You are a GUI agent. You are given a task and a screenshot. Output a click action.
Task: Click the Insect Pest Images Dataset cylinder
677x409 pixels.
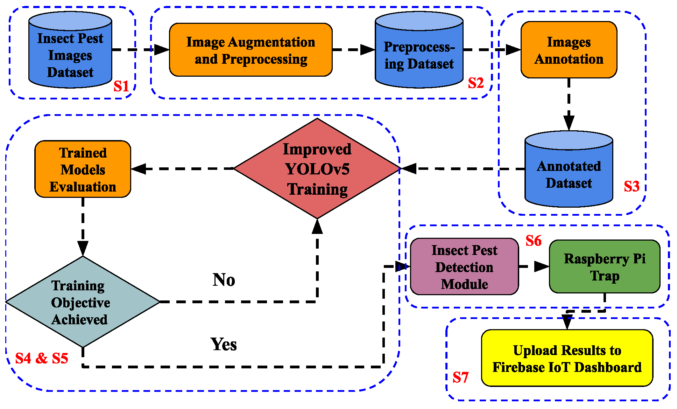[70, 53]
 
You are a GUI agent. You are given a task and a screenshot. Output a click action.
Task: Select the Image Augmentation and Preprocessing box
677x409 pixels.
[251, 50]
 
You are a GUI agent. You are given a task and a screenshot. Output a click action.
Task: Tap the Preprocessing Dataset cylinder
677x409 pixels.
[419, 53]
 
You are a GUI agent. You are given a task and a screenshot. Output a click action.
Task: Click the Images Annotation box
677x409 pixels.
[569, 50]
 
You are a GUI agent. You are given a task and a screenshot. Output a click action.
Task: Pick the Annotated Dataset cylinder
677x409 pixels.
[569, 172]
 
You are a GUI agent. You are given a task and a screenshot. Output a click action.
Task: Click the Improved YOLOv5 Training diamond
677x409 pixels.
[317, 169]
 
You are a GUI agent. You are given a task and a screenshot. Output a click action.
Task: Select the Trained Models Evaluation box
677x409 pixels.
[83, 169]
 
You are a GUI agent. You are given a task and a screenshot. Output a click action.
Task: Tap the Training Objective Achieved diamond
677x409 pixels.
[83, 302]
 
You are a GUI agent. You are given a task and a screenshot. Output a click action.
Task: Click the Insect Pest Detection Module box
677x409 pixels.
[464, 267]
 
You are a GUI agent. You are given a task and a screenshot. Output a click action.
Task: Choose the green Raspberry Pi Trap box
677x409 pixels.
[604, 267]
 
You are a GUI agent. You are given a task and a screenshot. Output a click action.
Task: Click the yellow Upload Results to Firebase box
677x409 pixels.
[567, 358]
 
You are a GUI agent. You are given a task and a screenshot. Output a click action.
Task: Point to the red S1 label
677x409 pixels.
[121, 86]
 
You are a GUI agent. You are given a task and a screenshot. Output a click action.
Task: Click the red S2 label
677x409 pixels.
[476, 83]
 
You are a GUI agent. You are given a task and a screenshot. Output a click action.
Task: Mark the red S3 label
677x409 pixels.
[632, 186]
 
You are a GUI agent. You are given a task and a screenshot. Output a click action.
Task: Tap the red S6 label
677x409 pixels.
[533, 241]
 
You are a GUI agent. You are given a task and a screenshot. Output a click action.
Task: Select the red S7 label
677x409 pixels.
[460, 377]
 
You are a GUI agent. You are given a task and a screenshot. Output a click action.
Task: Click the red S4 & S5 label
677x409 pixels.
[42, 358]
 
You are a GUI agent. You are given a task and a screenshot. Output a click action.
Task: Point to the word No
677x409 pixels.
[224, 280]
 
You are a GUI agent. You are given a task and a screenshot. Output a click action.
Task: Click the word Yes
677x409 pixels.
[224, 344]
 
